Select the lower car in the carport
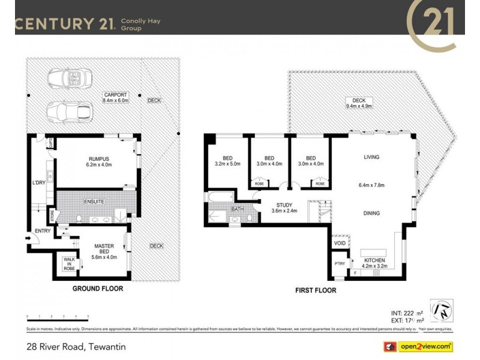[66, 111]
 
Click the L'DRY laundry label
[40, 181]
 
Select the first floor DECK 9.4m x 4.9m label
[359, 103]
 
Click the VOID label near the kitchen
[340, 244]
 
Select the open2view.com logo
[418, 347]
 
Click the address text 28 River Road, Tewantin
[76, 347]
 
